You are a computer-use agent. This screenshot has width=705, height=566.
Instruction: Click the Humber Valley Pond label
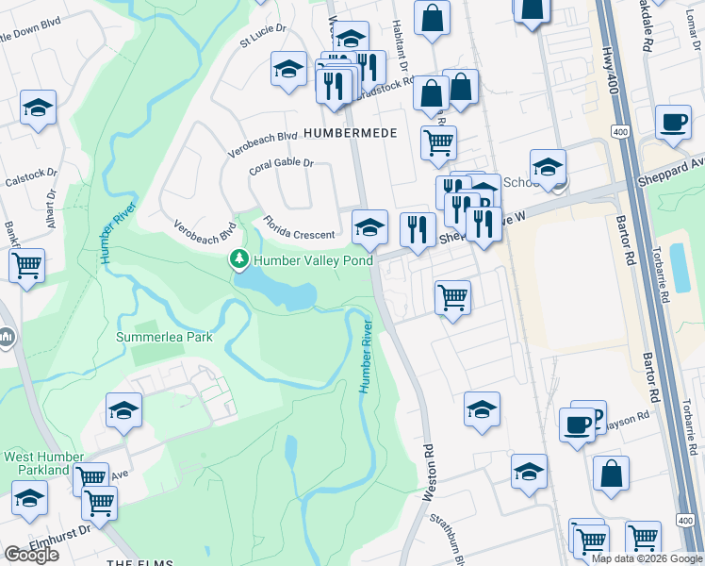tap(314, 260)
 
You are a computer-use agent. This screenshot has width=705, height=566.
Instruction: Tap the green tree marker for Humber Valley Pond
tap(240, 258)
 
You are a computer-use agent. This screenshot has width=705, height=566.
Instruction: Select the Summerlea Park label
tap(164, 337)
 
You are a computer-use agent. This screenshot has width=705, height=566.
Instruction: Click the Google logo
tap(31, 555)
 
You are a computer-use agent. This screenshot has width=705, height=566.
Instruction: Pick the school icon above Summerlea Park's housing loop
tap(123, 409)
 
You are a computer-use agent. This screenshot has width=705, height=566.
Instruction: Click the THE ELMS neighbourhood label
tap(141, 563)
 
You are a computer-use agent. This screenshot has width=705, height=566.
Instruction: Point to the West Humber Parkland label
tap(38, 463)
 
